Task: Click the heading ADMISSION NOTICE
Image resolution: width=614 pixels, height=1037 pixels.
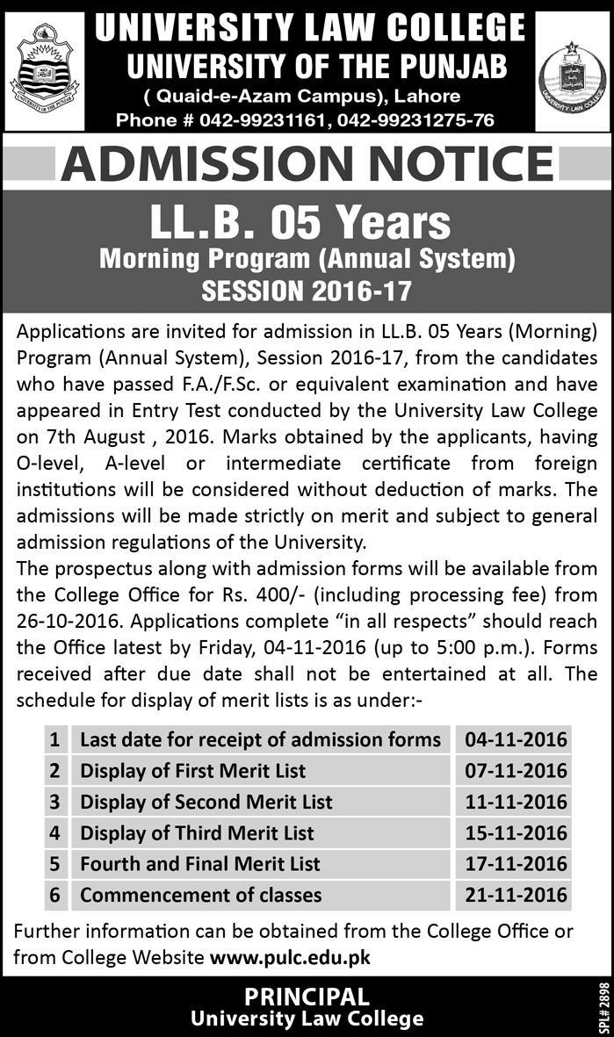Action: coord(307,163)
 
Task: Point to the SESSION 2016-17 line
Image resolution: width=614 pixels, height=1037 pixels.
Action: coord(307,290)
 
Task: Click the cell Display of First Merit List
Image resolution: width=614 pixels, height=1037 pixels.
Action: coord(193,771)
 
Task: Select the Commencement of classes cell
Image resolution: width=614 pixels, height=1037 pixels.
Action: coord(201,896)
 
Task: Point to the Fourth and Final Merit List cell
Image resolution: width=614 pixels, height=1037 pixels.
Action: coord(200,864)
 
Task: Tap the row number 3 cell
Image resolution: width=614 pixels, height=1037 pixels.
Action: coord(54,802)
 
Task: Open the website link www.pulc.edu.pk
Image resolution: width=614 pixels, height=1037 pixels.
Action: coord(289,956)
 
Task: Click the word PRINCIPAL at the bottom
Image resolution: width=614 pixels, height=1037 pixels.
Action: coord(307,997)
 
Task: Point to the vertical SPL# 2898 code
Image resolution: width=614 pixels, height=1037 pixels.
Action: coord(603,1007)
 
